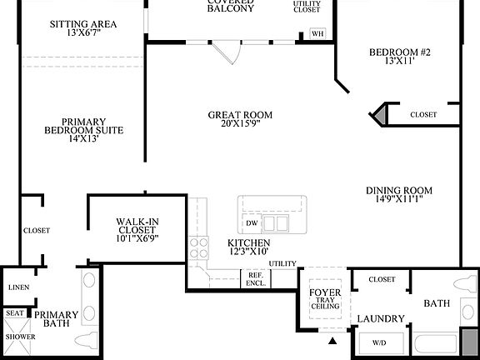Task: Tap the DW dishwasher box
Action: (252, 223)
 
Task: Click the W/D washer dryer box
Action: (378, 342)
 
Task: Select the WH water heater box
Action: (317, 34)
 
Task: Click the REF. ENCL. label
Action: (256, 279)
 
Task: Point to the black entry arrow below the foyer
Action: (333, 341)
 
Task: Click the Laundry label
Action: (381, 318)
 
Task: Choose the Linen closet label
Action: (18, 287)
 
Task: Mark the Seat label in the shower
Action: (15, 313)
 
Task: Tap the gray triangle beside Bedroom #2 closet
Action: (380, 114)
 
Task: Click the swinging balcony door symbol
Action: (226, 52)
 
